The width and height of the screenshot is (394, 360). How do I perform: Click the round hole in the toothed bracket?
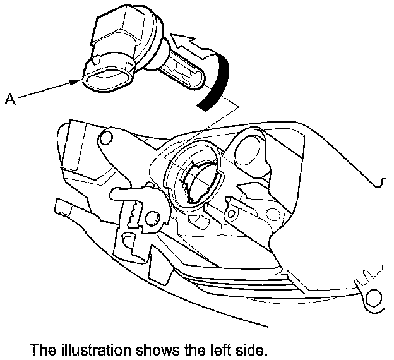tap(152, 219)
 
